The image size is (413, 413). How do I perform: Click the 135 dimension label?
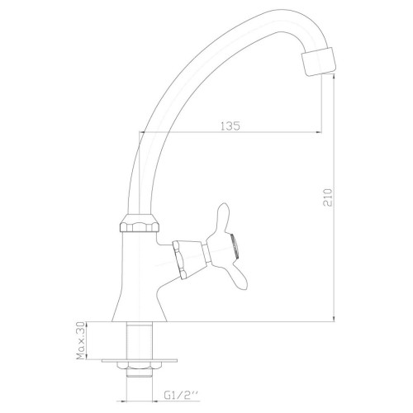[230, 126]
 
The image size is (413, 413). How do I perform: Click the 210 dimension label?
[328, 197]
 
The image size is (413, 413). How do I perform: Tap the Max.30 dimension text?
[80, 341]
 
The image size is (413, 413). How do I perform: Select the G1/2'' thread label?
[181, 396]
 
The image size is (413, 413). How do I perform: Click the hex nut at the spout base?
[140, 223]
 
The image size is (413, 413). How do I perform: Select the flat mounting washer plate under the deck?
[140, 360]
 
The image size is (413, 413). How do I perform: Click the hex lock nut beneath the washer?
[140, 366]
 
